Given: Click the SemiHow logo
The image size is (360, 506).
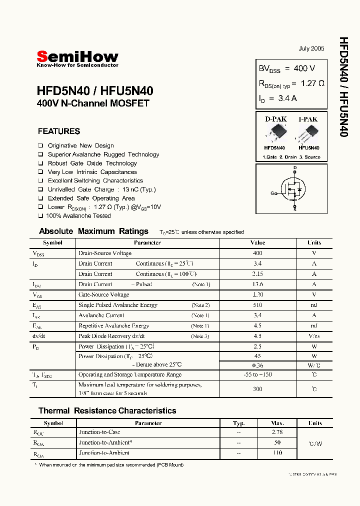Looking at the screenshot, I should point(77,58).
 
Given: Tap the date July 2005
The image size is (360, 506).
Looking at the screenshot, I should point(311,48).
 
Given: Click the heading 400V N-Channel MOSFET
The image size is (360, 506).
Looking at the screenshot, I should point(93,104).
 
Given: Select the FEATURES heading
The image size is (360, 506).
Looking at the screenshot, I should point(59,131).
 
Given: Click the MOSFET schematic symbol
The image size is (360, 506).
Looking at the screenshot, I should point(292,189).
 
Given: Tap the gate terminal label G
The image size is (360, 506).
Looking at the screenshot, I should point(272,193).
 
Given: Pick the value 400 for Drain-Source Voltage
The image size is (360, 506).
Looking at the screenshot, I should point(257,253).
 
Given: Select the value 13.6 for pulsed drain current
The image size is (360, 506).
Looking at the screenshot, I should point(257,284).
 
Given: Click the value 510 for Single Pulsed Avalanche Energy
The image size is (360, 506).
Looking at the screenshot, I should point(257,305).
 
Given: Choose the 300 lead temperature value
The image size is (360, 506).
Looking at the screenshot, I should point(257,388).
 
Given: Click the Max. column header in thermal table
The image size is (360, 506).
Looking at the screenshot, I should point(277,423).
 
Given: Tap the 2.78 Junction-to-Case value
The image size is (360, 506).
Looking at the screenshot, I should point(277,432).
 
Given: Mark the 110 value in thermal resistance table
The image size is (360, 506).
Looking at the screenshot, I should point(277,453).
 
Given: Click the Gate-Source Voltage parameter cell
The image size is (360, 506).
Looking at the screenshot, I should point(103,294).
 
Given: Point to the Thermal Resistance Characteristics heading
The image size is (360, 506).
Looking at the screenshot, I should point(107,410).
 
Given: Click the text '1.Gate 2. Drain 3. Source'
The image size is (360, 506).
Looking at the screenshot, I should point(291,157).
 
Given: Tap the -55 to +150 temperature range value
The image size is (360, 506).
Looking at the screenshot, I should point(257,374).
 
